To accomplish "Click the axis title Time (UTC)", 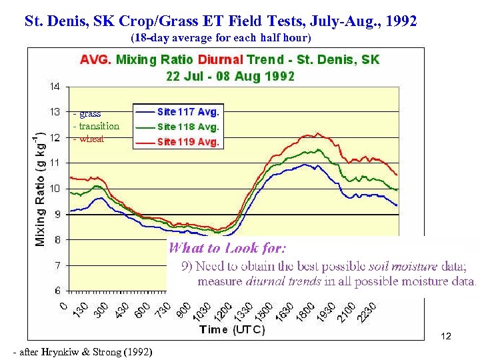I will [x=232, y=329].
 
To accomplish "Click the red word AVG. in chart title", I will [x=96, y=59].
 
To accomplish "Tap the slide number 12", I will [x=446, y=337].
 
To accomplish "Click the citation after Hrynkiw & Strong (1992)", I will [x=82, y=352].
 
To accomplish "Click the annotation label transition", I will [x=97, y=126].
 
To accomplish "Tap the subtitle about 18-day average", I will [x=221, y=37].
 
